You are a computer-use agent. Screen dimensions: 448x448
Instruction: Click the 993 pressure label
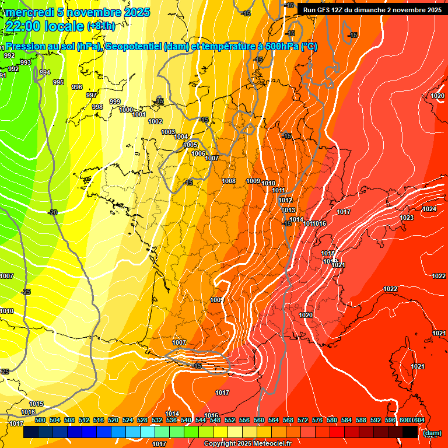pyautogui.click(x=26, y=62)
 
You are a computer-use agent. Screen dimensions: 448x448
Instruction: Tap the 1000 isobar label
pyautogui.click(x=126, y=110)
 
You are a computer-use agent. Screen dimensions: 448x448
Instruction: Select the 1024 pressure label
pyautogui.click(x=429, y=209)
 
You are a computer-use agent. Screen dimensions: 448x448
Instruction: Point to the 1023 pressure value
pyautogui.click(x=407, y=218)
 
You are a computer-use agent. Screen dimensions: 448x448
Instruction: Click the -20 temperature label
pyautogui.click(x=53, y=212)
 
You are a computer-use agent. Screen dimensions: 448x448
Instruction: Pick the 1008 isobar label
pyautogui.click(x=229, y=181)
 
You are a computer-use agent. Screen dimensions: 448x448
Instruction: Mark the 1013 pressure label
pyautogui.click(x=288, y=210)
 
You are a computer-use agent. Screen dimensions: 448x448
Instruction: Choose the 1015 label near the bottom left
pyautogui.click(x=36, y=404)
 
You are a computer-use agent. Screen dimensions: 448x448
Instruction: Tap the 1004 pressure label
pyautogui.click(x=181, y=136)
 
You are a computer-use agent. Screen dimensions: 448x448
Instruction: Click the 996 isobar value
pyautogui.click(x=76, y=87)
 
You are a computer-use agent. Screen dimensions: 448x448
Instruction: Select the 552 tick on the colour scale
pyautogui.click(x=229, y=420)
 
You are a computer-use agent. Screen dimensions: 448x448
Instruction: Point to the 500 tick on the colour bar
pyautogui.click(x=40, y=420)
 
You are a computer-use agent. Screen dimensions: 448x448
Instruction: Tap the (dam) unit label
pyautogui.click(x=432, y=432)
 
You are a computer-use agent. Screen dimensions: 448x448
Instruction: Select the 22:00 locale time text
pyautogui.click(x=44, y=26)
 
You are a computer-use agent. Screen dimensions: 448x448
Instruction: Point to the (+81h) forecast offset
pyautogui.click(x=101, y=26)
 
